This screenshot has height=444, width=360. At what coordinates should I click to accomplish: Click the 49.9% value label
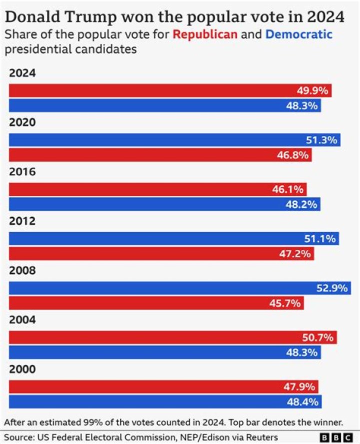(x=312, y=90)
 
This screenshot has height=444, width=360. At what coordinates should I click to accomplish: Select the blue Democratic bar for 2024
(x=165, y=105)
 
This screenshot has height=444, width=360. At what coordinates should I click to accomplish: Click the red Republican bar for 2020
(x=160, y=155)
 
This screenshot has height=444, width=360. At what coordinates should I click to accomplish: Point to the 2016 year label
(x=22, y=172)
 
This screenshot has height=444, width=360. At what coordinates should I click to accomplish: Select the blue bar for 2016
(x=165, y=204)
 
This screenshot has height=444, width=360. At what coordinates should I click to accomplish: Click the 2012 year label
(x=22, y=221)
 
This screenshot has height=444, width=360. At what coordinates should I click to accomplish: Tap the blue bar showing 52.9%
(x=180, y=288)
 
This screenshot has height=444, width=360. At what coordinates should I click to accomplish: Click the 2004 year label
(x=22, y=320)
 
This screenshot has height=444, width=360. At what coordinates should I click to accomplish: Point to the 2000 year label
(x=22, y=369)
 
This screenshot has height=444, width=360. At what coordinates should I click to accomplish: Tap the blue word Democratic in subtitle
(x=298, y=35)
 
